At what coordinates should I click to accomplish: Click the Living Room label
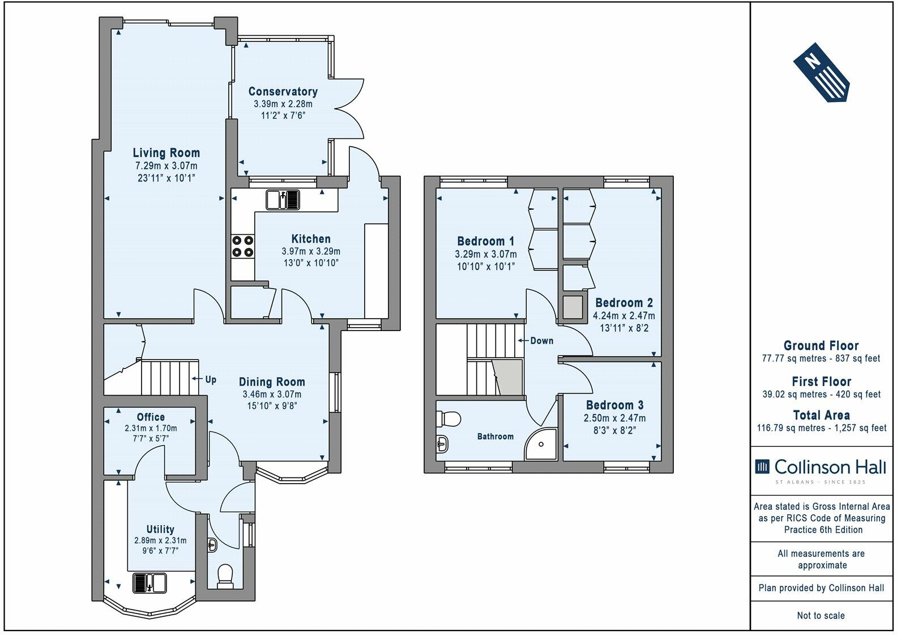(x=166, y=153)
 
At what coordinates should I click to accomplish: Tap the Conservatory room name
(x=283, y=91)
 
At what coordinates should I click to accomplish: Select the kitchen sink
(x=283, y=200)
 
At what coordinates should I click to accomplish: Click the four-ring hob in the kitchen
(x=243, y=246)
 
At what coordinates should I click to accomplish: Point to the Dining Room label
(x=272, y=382)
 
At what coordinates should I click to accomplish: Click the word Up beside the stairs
(x=211, y=379)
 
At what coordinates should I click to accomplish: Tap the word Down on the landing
(x=542, y=341)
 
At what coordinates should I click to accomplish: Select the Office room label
(x=151, y=417)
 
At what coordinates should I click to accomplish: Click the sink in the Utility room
(x=149, y=583)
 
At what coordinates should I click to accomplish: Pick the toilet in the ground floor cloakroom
(x=225, y=575)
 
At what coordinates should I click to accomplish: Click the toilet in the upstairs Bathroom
(x=448, y=420)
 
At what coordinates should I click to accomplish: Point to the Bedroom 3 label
(x=614, y=405)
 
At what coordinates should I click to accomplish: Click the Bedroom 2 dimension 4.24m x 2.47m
(x=624, y=315)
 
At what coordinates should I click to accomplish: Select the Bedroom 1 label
(x=486, y=242)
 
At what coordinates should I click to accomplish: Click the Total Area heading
(x=821, y=415)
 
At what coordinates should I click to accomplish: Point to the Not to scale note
(x=821, y=615)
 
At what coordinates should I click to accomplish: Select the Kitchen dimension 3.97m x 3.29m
(x=311, y=251)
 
